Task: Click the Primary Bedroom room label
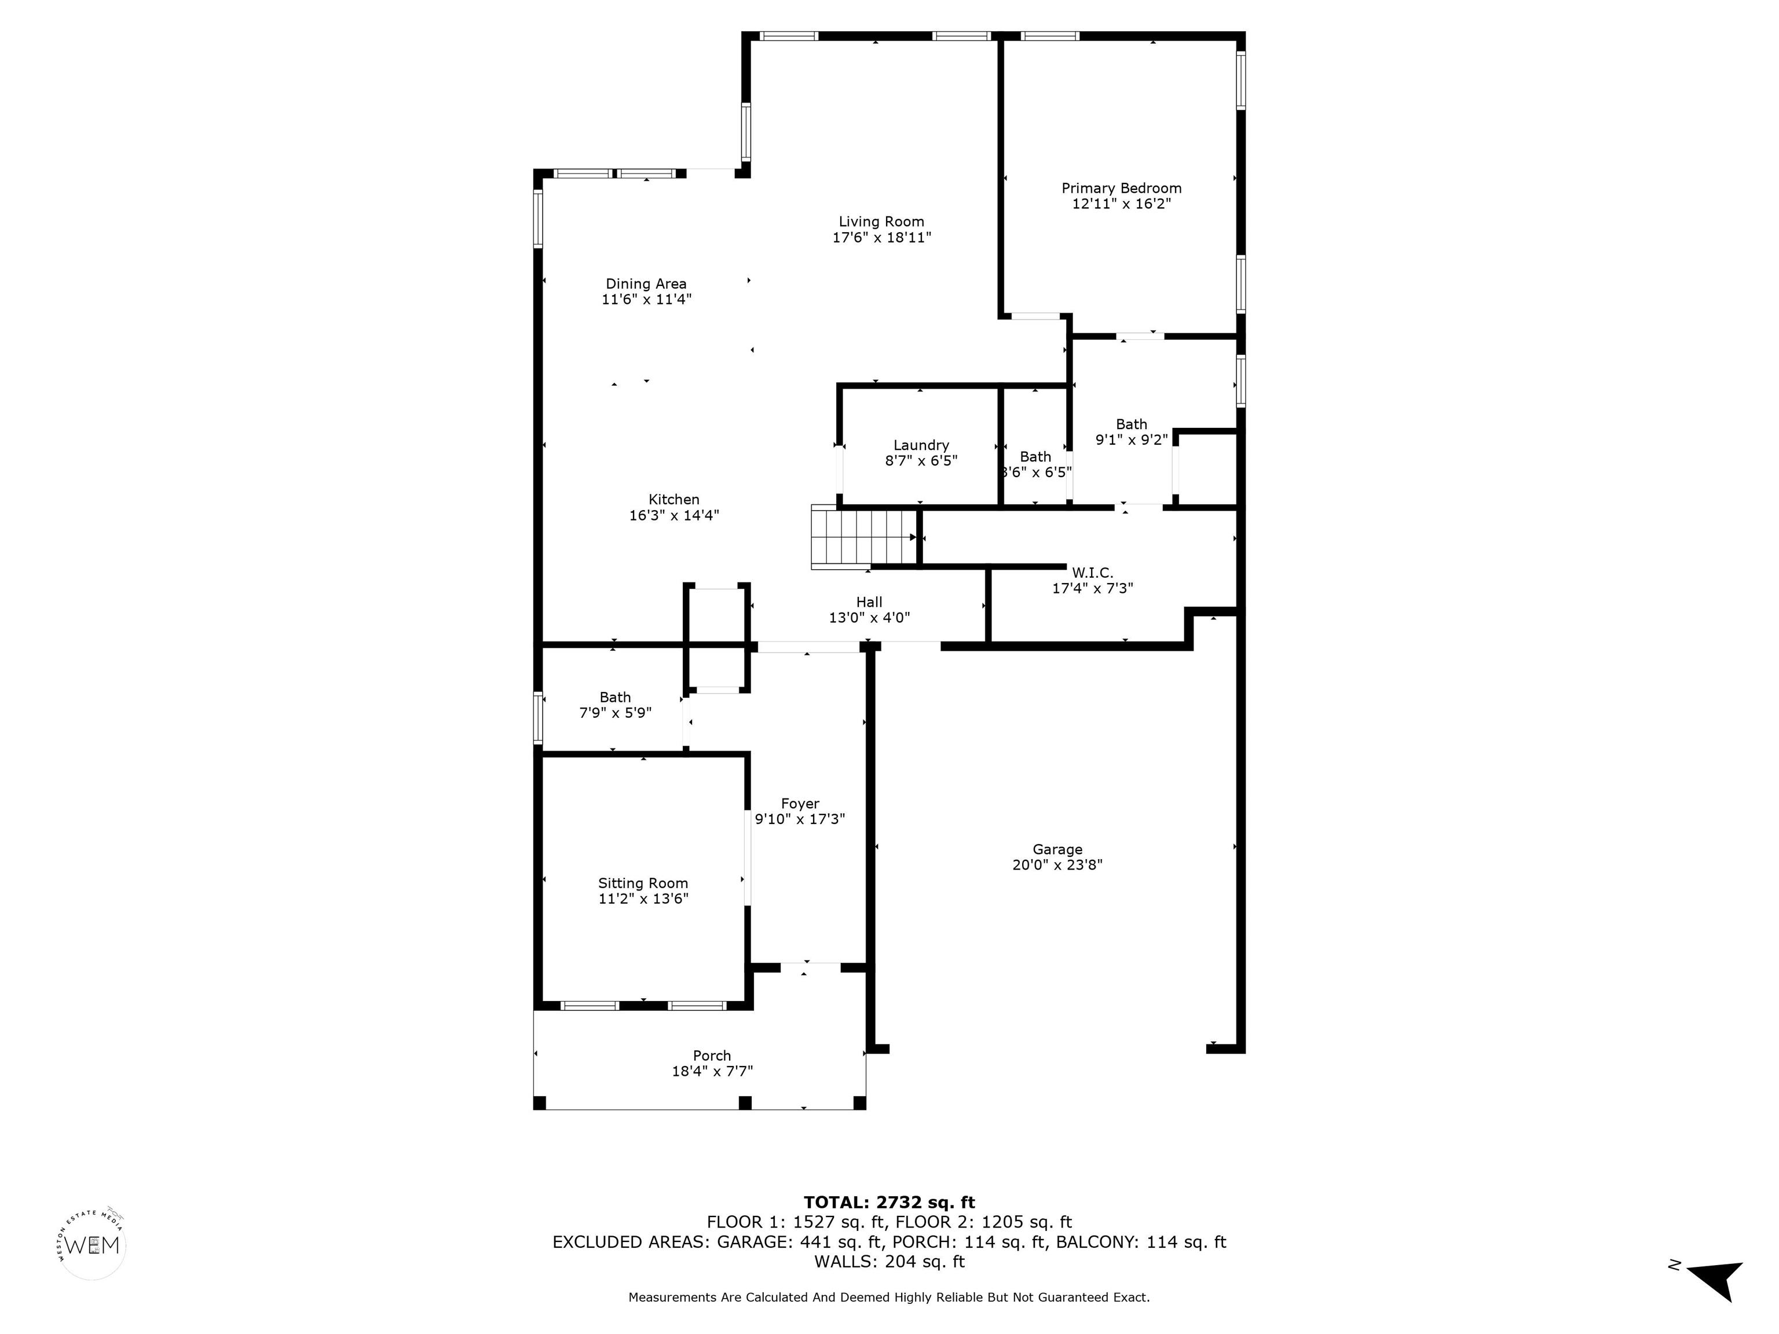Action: [x=1121, y=188]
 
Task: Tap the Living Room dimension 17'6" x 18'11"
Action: [x=881, y=238]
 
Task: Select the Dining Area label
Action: [x=646, y=284]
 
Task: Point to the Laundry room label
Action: [x=921, y=445]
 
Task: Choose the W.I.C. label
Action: [x=1092, y=573]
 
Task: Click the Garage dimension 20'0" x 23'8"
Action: [x=1057, y=865]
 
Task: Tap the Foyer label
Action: [x=799, y=803]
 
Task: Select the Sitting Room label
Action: [x=643, y=883]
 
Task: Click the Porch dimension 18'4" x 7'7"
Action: [x=712, y=1071]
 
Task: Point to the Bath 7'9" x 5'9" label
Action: [x=615, y=697]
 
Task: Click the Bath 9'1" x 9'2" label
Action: [x=1131, y=424]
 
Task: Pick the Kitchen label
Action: [x=674, y=499]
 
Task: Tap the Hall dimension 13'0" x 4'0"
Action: [x=869, y=618]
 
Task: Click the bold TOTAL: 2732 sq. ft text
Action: [x=889, y=1202]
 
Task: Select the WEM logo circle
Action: [x=93, y=1245]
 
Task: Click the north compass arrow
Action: [x=1715, y=1278]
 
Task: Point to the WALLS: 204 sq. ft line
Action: [x=889, y=1262]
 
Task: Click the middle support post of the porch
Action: [x=745, y=1102]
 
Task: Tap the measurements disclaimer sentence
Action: [x=889, y=1297]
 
